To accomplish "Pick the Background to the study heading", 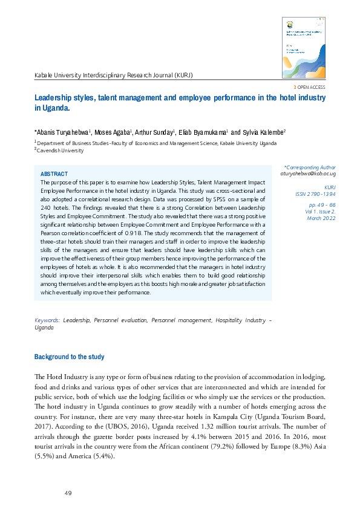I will tap(69, 357).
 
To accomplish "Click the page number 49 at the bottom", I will tap(68, 493).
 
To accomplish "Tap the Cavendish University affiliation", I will tap(61, 151).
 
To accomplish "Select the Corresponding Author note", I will tap(310, 166).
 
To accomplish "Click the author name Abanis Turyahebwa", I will tap(63, 131).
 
